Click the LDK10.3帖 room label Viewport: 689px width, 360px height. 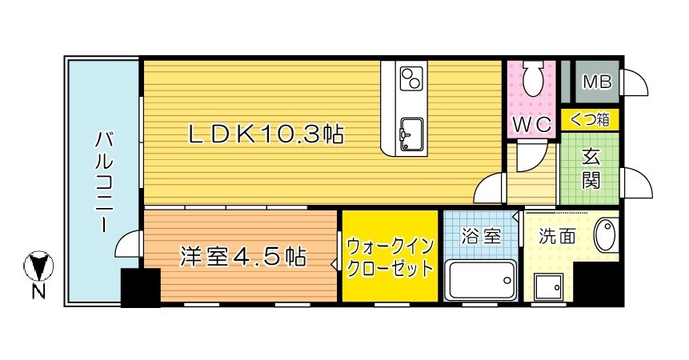pos(266,134)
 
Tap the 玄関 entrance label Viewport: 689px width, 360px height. pos(591,169)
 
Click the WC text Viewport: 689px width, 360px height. pos(531,126)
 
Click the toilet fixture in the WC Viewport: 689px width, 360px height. pos(532,81)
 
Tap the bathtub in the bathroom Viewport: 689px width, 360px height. pos(480,279)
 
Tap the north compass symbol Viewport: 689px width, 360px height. pos(38,263)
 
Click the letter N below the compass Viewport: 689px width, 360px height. pos(38,292)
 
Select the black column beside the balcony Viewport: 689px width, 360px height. pos(139,287)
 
